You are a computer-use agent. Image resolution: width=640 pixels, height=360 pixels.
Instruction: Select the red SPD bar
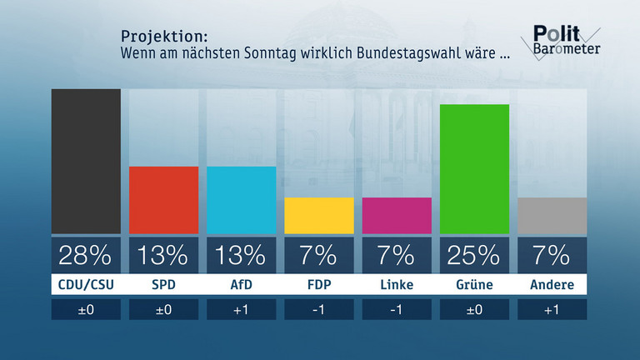pyautogui.click(x=163, y=200)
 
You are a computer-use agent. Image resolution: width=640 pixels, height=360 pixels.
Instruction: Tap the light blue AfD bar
pyautogui.click(x=241, y=200)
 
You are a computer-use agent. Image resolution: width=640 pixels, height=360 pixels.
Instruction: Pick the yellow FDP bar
pyautogui.click(x=318, y=215)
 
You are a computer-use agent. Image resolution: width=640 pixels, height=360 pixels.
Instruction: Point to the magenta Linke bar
pyautogui.click(x=397, y=215)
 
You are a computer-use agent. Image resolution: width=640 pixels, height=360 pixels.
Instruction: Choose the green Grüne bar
pyautogui.click(x=474, y=168)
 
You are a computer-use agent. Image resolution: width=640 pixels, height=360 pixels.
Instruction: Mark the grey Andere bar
pyautogui.click(x=552, y=215)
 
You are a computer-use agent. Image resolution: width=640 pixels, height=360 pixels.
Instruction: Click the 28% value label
pyautogui.click(x=86, y=254)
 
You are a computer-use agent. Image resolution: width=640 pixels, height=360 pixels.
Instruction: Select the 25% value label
pyautogui.click(x=474, y=254)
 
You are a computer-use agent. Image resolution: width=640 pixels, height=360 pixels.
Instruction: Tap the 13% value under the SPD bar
pyautogui.click(x=163, y=254)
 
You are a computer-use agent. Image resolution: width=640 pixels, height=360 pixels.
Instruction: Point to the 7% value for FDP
pyautogui.click(x=318, y=254)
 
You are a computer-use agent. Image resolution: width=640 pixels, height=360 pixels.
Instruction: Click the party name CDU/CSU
pyautogui.click(x=86, y=285)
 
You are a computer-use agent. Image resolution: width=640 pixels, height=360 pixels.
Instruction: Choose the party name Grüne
pyautogui.click(x=474, y=285)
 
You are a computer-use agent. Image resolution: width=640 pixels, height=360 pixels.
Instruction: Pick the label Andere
pyautogui.click(x=552, y=285)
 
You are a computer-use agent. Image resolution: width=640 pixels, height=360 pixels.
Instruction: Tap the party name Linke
pyautogui.click(x=397, y=285)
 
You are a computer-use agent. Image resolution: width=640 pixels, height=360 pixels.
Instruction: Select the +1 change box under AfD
pyautogui.click(x=241, y=310)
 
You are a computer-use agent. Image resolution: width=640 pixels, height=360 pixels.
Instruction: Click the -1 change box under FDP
pyautogui.click(x=318, y=310)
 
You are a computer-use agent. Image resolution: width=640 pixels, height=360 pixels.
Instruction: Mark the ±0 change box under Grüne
pyautogui.click(x=474, y=310)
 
